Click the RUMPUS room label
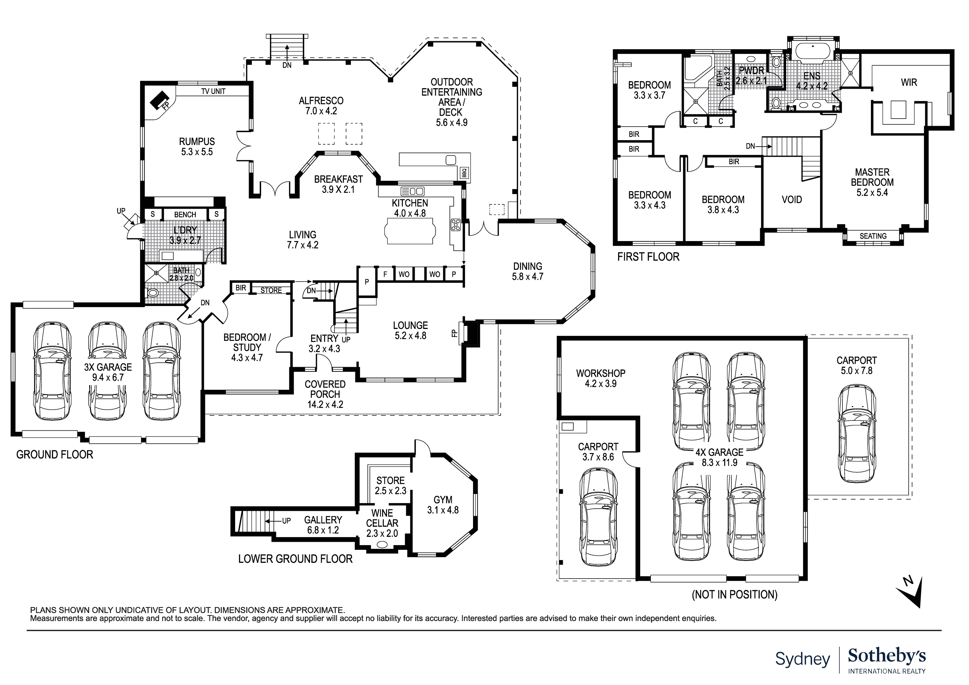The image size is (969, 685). coord(197,142)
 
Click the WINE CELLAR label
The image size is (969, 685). coord(382,518)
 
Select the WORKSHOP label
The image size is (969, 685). coord(601,373)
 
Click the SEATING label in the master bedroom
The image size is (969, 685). coord(873,236)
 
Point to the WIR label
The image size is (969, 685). coord(909,82)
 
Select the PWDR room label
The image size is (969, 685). coord(751,70)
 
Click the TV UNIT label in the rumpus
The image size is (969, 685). coord(213,91)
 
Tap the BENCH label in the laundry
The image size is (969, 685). coord(185,215)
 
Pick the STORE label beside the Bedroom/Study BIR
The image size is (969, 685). coord(271,291)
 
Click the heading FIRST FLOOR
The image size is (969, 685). coord(648,257)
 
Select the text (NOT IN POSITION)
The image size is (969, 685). coord(734,595)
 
